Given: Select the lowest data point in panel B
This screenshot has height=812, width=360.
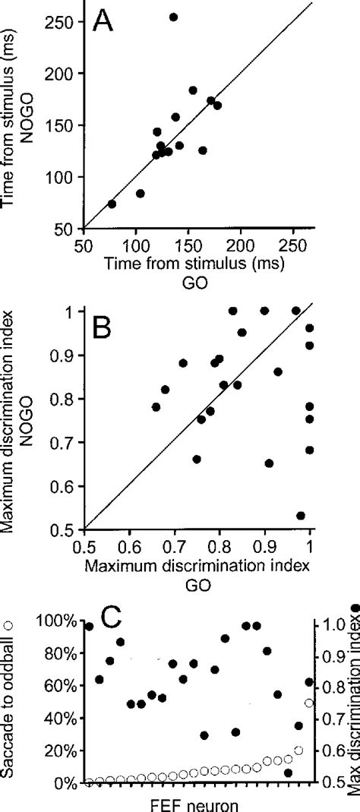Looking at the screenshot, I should (301, 516).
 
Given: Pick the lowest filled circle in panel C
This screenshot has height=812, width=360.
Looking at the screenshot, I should (289, 773).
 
